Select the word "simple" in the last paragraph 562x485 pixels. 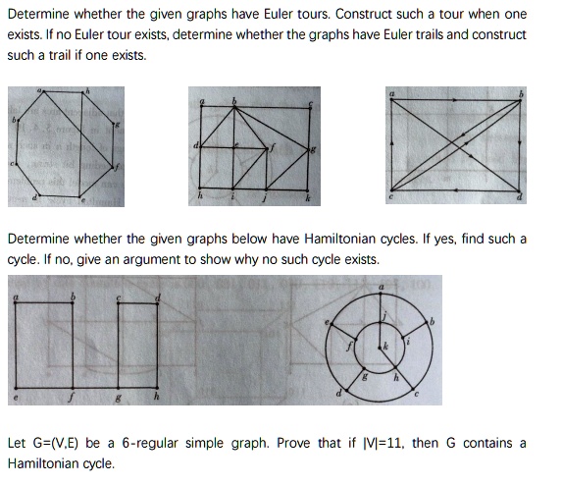point(235,443)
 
